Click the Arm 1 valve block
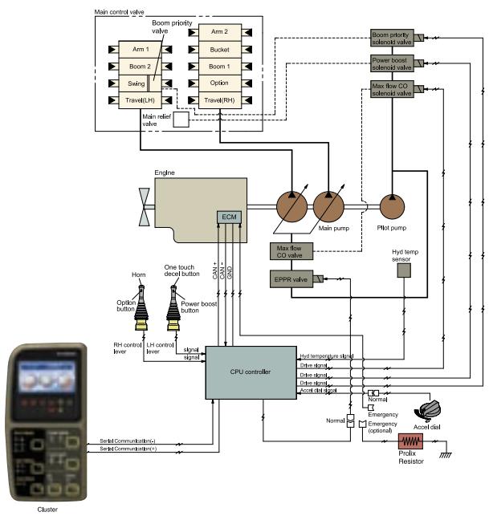click(x=141, y=49)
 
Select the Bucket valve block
click(x=214, y=49)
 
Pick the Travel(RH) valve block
click(x=214, y=100)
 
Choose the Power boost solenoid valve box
click(x=391, y=63)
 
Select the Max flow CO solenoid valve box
click(x=391, y=89)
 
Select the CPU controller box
click(x=250, y=372)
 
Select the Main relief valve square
click(x=181, y=120)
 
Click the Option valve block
click(x=214, y=83)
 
